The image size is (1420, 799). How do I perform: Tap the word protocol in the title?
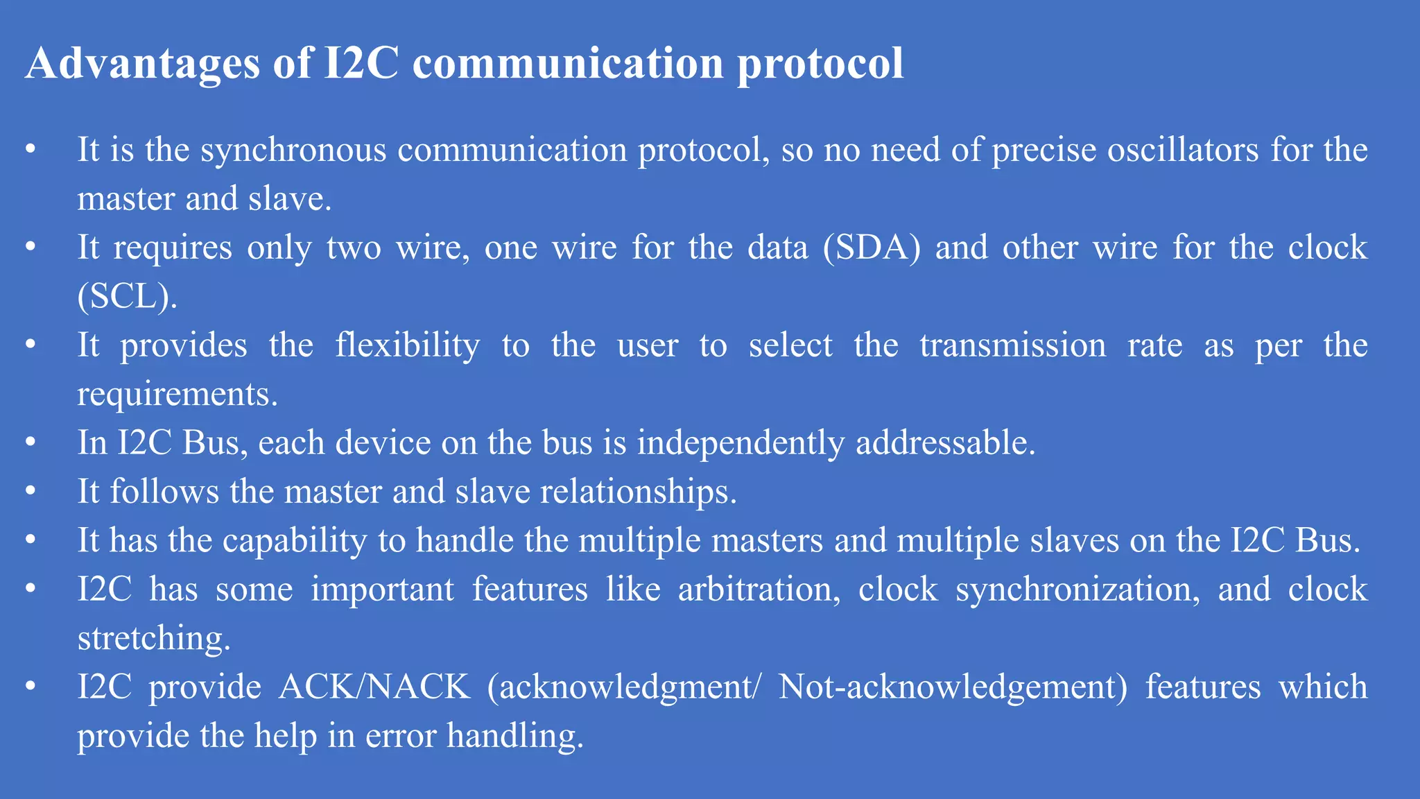(820, 64)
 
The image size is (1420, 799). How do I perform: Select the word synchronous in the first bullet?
(293, 150)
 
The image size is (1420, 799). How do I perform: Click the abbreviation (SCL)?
(127, 297)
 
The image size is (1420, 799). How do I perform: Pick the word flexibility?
(408, 345)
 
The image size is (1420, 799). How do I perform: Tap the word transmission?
(1013, 345)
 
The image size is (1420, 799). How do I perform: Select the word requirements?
(177, 395)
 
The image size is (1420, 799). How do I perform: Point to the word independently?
(741, 443)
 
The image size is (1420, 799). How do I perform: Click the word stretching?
(153, 638)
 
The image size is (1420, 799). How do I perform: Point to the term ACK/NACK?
(374, 687)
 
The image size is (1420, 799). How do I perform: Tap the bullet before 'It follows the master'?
(30, 491)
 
